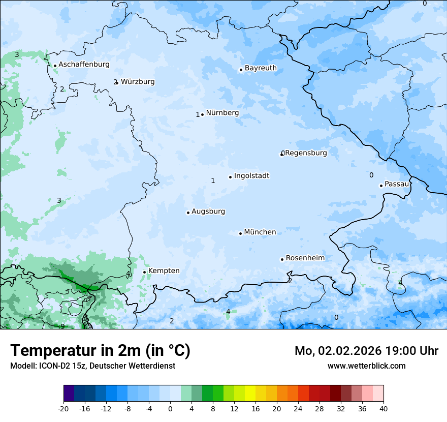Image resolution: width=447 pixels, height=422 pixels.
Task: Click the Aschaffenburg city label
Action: pyautogui.click(x=84, y=65)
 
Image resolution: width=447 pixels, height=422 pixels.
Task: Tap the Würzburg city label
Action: pyautogui.click(x=138, y=82)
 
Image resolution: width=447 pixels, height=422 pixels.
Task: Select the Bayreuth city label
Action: pyautogui.click(x=261, y=68)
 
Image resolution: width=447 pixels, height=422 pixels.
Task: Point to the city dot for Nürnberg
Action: pyautogui.click(x=202, y=114)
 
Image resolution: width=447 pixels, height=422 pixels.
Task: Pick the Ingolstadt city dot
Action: pyautogui.click(x=230, y=177)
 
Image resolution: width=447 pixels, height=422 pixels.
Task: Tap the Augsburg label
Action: pyautogui.click(x=208, y=212)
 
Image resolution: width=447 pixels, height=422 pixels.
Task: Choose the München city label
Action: pyautogui.click(x=260, y=232)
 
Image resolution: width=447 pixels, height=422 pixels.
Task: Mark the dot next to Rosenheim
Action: pyautogui.click(x=282, y=259)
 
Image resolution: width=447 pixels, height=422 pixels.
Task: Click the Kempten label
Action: pyautogui.click(x=164, y=271)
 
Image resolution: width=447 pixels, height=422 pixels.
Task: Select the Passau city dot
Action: pyautogui.click(x=381, y=186)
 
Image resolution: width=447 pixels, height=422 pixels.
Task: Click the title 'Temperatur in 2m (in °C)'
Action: pyautogui.click(x=100, y=351)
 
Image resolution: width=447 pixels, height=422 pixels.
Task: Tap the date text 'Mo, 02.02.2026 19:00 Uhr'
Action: pyautogui.click(x=366, y=351)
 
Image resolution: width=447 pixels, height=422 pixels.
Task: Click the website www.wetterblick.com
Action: pyautogui.click(x=366, y=366)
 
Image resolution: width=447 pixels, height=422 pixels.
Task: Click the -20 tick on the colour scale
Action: pyautogui.click(x=63, y=408)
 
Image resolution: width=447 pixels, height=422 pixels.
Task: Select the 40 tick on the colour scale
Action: pyautogui.click(x=384, y=408)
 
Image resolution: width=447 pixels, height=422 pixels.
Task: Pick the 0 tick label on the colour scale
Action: pyautogui.click(x=170, y=408)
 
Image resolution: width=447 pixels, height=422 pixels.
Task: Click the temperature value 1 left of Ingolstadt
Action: pyautogui.click(x=213, y=180)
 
